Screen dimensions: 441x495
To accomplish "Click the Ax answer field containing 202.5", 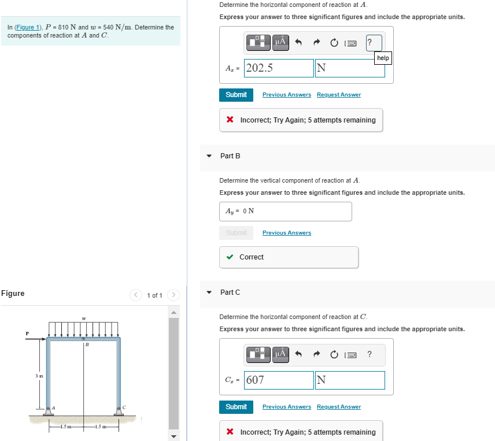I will pyautogui.click(x=279, y=68).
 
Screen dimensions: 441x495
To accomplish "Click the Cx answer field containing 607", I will pyautogui.click(x=279, y=380).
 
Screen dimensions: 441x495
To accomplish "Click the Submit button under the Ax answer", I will pyautogui.click(x=236, y=95).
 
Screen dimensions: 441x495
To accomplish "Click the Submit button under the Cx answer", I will pyautogui.click(x=236, y=407).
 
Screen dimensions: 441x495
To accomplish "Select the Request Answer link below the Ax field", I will pyautogui.click(x=338, y=95).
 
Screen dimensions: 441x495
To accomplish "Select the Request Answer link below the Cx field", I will pyautogui.click(x=338, y=407).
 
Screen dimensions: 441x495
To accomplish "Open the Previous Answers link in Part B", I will pyautogui.click(x=286, y=233).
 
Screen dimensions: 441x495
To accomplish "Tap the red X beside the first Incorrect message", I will pyautogui.click(x=230, y=120).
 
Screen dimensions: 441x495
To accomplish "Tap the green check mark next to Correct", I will pyautogui.click(x=230, y=257).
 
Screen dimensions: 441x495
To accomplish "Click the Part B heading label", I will pyautogui.click(x=230, y=156).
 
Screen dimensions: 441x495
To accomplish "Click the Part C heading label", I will pyautogui.click(x=230, y=292).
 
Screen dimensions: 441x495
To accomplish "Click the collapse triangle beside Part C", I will pyautogui.click(x=209, y=292).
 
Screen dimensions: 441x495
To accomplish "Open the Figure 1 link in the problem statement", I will pyautogui.click(x=24, y=27).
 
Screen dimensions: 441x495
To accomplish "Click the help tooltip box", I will pyautogui.click(x=383, y=58).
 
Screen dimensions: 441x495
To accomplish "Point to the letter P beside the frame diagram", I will pyautogui.click(x=27, y=333).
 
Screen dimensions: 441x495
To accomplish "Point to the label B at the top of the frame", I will pyautogui.click(x=87, y=345).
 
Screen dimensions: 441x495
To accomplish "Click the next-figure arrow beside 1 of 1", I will pyautogui.click(x=173, y=295).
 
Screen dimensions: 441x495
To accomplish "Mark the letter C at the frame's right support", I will pyautogui.click(x=124, y=407).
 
